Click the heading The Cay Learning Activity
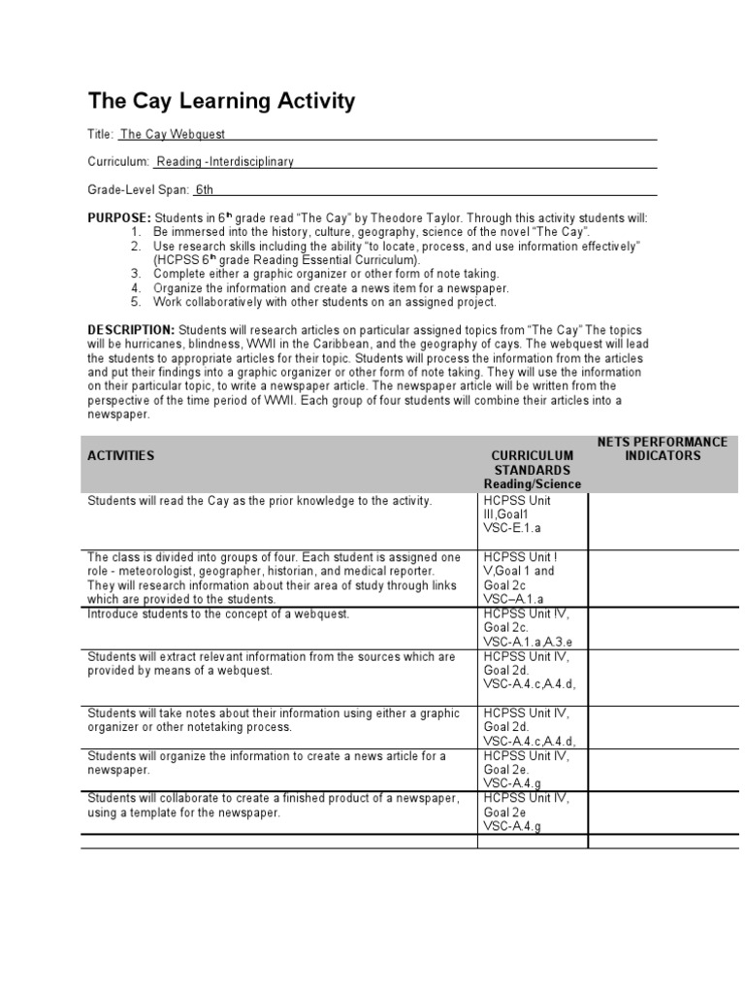[221, 101]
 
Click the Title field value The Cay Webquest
[173, 135]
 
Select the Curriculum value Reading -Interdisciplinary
[224, 162]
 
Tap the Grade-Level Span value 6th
[204, 190]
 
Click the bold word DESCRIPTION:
[131, 330]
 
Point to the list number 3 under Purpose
[136, 274]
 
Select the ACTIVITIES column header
[120, 455]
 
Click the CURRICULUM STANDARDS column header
[532, 462]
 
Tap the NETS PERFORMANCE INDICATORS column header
[663, 448]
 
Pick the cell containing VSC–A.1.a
[532, 579]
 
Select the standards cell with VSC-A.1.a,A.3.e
[532, 628]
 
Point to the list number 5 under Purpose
[136, 302]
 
